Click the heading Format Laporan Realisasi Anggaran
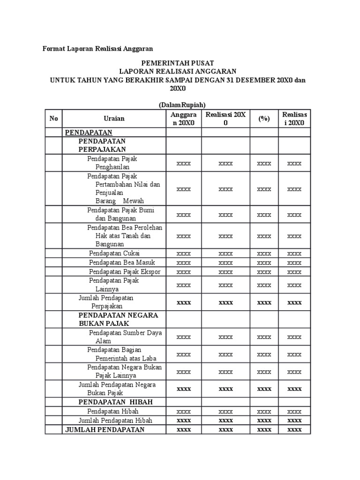coord(98,48)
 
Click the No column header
coord(54,119)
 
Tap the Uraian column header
coord(114,119)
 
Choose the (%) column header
coord(264,119)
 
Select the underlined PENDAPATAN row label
coord(89,133)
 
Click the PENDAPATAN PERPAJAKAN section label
coord(102,145)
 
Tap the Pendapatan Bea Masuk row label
coord(122,262)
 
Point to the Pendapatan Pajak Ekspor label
coord(125,272)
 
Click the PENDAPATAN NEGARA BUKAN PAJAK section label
coord(118,319)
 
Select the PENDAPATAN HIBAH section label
coord(116,402)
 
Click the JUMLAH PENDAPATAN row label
coord(105,429)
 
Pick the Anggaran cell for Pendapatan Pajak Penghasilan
coord(184,163)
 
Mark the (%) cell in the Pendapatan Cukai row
coord(264,253)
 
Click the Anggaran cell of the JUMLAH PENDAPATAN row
coord(184,429)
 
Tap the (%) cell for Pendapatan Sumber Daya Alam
coord(264,337)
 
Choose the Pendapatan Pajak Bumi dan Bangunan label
coord(120,214)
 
